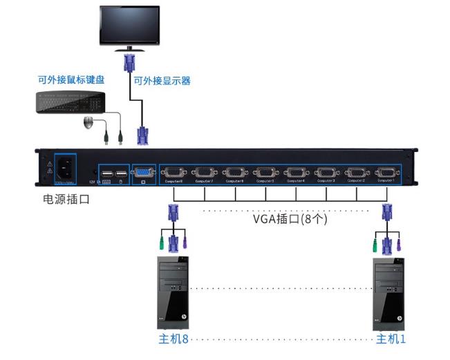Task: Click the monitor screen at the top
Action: click(x=129, y=25)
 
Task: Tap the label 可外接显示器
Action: click(x=162, y=81)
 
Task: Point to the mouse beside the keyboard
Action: click(x=89, y=124)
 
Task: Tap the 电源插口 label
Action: click(x=66, y=200)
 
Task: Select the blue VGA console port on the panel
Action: click(x=143, y=172)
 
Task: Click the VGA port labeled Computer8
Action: click(x=174, y=172)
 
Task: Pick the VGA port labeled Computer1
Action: click(x=386, y=172)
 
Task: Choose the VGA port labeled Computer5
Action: click(x=265, y=172)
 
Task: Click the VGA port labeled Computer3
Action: click(x=326, y=172)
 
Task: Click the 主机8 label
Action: click(x=173, y=339)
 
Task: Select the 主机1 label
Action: click(x=391, y=339)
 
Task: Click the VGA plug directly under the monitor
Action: click(x=129, y=64)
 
